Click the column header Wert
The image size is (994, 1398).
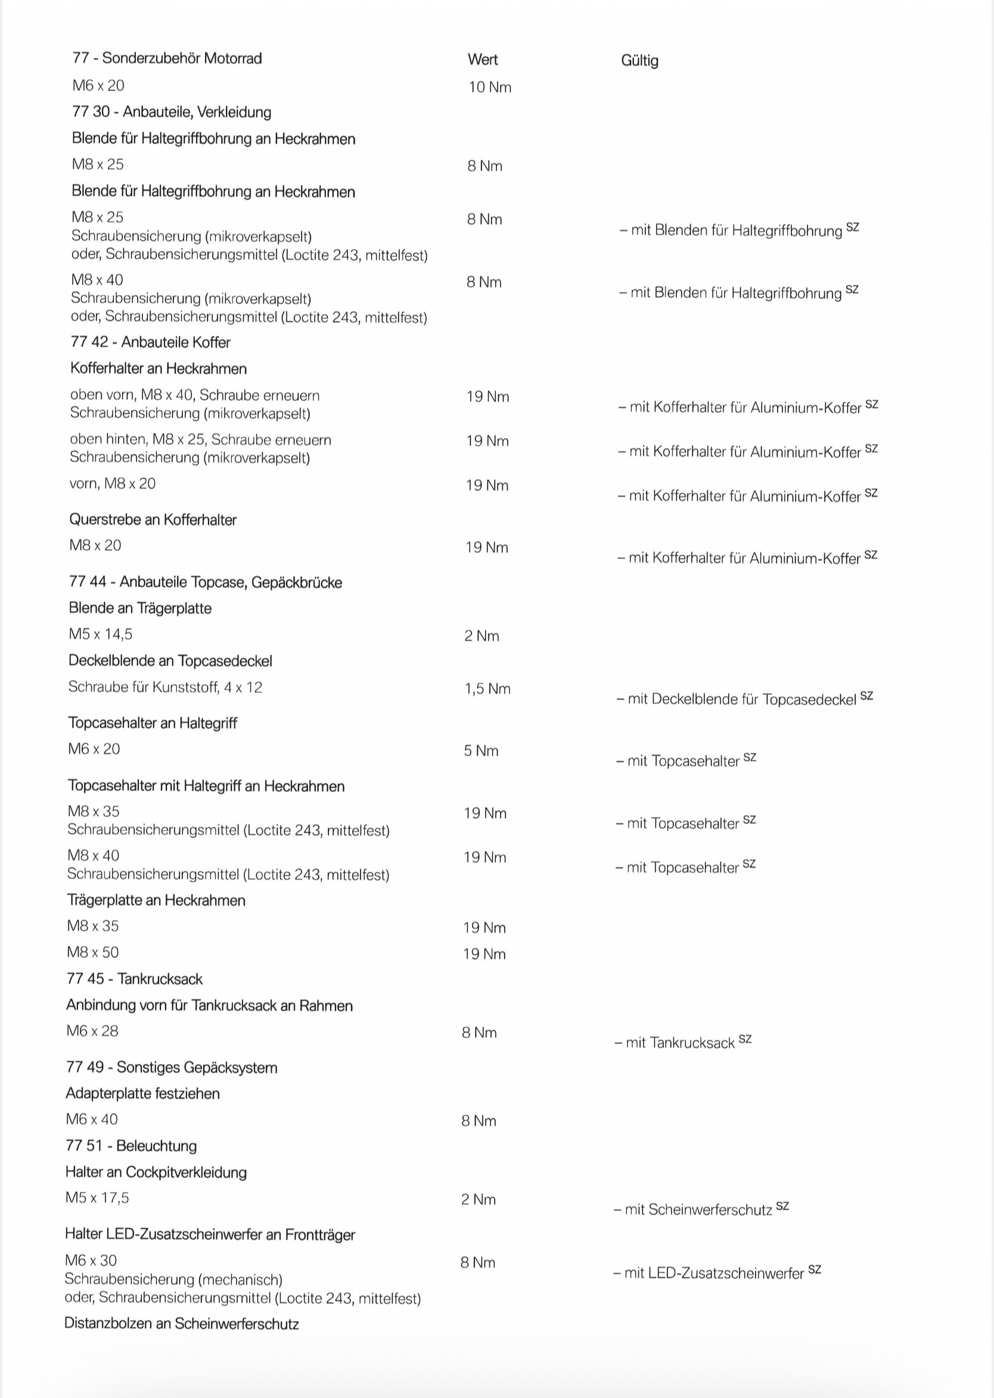[x=482, y=60]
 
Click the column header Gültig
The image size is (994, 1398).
[x=639, y=61]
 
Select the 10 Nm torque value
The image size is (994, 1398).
[x=490, y=88]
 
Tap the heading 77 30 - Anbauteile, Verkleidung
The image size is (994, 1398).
[x=172, y=112]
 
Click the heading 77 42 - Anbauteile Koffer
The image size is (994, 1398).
[x=151, y=342]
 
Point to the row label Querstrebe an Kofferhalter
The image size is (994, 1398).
[x=153, y=520]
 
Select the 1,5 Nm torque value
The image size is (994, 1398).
[x=487, y=689]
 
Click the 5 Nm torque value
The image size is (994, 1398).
[x=481, y=751]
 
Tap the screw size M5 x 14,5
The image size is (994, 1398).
[x=100, y=634]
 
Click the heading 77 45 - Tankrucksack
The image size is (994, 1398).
[x=135, y=978]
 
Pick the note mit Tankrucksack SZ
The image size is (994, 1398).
[x=682, y=1042]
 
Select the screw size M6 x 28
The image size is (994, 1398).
[x=92, y=1031]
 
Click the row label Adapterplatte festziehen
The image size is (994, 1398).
[x=142, y=1093]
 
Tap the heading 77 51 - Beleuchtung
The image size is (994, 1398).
[x=131, y=1146]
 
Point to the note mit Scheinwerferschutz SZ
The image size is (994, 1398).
[x=701, y=1209]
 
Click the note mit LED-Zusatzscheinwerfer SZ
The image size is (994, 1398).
[x=717, y=1272]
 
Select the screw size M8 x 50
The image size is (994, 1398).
[x=93, y=952]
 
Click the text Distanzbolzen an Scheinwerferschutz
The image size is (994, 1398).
[x=182, y=1324]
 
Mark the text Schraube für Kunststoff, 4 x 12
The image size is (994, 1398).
[x=165, y=687]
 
